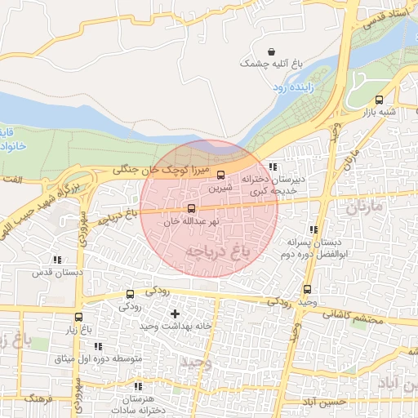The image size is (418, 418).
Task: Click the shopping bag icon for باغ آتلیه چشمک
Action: click(x=271, y=51)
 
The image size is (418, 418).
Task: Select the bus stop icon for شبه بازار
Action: click(x=378, y=100)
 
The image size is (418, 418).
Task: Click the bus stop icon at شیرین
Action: click(x=220, y=174)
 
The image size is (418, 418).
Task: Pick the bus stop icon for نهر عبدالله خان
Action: click(x=191, y=208)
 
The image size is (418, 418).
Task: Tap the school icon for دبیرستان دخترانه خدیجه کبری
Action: click(x=283, y=167)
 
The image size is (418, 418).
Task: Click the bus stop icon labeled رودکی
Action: click(x=130, y=294)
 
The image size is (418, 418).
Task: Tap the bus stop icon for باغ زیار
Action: click(x=78, y=317)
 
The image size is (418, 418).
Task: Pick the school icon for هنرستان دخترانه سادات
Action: click(x=137, y=386)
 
